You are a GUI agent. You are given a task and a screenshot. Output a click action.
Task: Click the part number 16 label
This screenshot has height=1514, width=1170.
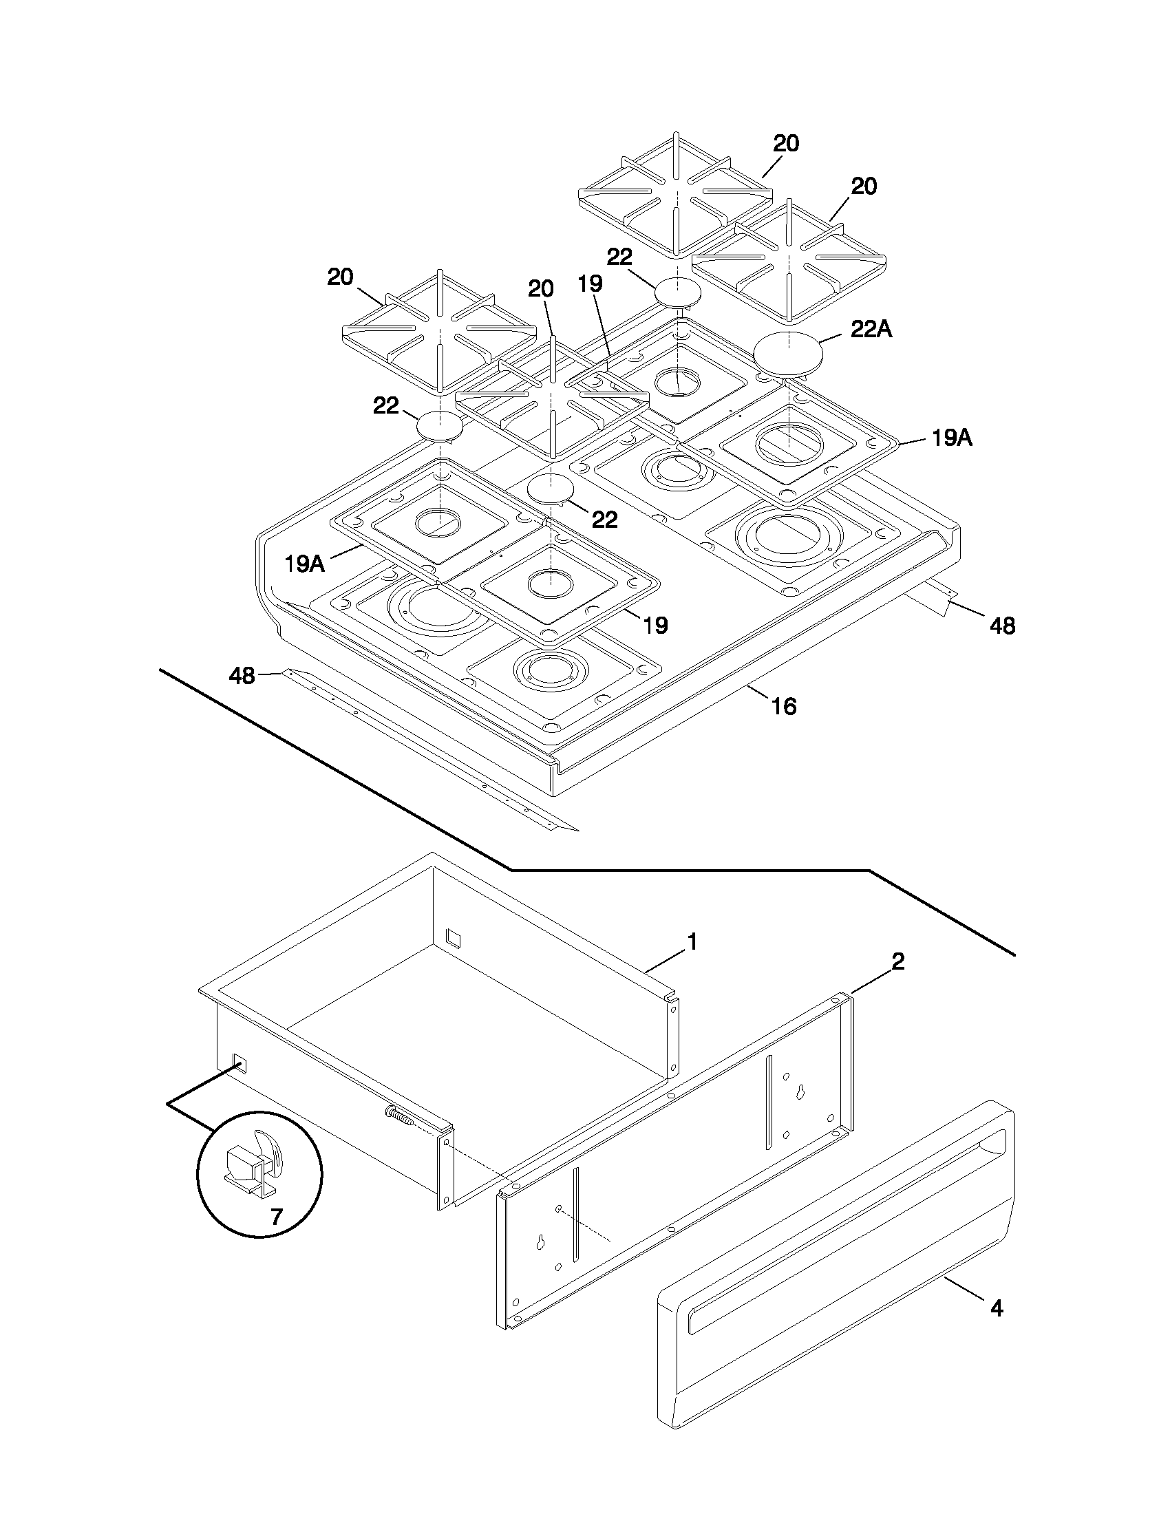tap(784, 706)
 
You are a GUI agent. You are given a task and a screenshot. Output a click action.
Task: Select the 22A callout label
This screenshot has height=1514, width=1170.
tap(871, 330)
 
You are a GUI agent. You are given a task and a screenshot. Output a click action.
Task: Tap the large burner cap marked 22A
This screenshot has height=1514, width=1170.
tap(790, 354)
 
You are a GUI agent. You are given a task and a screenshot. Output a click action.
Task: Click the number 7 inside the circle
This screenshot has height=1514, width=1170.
tap(277, 1217)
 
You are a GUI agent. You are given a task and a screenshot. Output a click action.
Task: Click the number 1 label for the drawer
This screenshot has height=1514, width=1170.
tap(692, 941)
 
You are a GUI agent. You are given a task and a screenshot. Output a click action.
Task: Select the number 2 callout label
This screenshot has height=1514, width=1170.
tap(897, 961)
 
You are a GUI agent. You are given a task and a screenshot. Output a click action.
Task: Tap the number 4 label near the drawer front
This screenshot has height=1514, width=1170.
tap(997, 1308)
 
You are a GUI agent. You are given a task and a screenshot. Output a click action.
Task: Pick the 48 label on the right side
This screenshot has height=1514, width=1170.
tap(1002, 626)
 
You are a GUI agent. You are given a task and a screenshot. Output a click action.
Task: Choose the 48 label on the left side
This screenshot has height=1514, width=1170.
tap(242, 675)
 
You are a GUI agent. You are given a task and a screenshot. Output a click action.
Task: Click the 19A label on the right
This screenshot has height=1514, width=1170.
tap(951, 438)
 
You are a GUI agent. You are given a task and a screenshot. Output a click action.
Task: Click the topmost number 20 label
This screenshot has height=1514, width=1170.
tap(786, 144)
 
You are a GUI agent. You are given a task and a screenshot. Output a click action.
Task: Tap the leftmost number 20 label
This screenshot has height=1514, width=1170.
tap(340, 277)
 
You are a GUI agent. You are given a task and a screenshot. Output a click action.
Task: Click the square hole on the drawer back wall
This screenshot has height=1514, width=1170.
tap(452, 937)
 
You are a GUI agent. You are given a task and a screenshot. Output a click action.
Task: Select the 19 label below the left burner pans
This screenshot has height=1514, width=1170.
tap(655, 626)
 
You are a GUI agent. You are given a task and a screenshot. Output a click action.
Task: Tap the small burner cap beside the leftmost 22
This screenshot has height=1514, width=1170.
tap(439, 425)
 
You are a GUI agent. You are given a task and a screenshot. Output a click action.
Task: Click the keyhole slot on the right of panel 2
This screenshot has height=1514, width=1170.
tap(800, 1091)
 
